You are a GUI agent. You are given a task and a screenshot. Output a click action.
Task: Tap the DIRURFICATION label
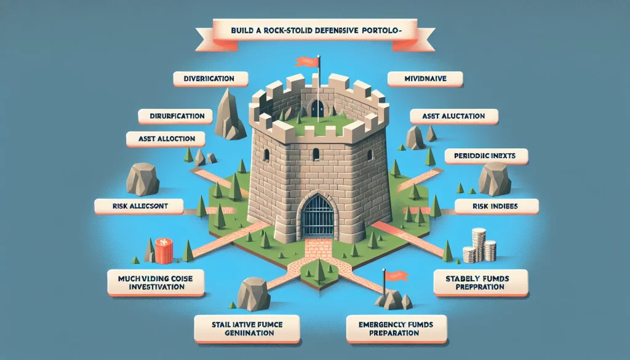pyautogui.click(x=176, y=115)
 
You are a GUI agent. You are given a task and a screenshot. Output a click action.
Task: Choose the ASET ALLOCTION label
pyautogui.click(x=163, y=139)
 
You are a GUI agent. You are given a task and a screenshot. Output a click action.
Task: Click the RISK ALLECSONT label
pyautogui.click(x=139, y=205)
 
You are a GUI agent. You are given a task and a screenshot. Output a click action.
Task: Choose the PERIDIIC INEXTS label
pyautogui.click(x=487, y=157)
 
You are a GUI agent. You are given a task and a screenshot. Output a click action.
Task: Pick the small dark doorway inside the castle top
pyautogui.click(x=316, y=108)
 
